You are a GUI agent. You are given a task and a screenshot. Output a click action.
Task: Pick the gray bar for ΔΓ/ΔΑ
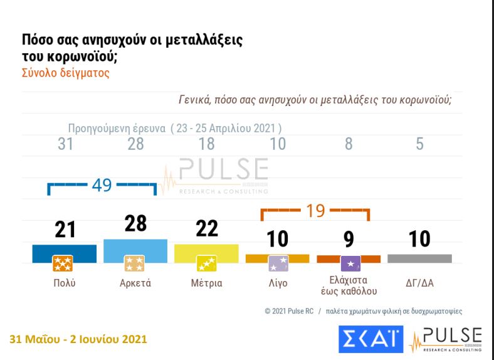419,258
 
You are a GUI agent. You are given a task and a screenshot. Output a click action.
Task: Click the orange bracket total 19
315,210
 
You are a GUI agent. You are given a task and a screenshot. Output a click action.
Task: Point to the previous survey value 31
65,144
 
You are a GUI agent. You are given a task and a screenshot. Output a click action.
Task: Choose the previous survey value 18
206,144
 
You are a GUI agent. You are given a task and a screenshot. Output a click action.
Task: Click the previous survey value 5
419,144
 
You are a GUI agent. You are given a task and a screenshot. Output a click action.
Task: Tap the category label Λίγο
277,283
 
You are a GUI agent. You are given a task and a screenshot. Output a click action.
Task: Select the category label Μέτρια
206,283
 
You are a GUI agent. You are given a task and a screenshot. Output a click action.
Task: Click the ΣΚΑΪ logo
370,339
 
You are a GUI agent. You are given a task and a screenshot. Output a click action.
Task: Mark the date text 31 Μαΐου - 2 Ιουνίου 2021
79,340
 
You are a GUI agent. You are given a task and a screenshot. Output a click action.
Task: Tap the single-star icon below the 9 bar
349,263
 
